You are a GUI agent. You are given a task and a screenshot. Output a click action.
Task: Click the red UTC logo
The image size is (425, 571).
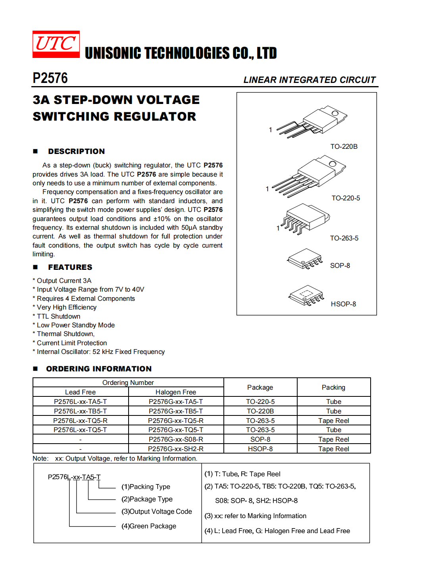[56, 44]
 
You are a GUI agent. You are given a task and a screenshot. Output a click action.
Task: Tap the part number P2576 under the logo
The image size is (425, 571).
[50, 78]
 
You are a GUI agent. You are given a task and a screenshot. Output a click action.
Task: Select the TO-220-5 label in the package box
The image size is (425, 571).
[346, 198]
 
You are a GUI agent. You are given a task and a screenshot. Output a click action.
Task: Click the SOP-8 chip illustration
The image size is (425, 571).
[304, 259]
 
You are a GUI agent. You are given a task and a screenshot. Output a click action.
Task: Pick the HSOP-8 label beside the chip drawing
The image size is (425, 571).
[343, 304]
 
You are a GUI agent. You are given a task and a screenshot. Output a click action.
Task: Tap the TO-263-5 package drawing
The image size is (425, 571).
[305, 219]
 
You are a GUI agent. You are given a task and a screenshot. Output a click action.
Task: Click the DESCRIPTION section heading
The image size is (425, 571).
[76, 151]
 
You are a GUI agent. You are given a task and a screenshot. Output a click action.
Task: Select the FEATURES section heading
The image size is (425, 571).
[70, 267]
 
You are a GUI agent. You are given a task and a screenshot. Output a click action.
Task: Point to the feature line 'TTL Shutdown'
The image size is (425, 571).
[58, 316]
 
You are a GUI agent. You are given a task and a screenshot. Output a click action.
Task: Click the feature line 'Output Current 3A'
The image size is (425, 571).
[64, 281]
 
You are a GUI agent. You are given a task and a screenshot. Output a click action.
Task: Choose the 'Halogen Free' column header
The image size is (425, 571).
[175, 392]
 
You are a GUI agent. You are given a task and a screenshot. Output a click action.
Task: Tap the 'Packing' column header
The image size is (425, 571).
[333, 387]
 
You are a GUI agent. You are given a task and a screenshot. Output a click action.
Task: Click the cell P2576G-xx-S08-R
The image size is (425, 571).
[175, 439]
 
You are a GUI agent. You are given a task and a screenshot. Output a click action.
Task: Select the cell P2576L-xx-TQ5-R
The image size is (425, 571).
[80, 421]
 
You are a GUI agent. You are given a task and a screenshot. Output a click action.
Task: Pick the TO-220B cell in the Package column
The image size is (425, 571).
[260, 411]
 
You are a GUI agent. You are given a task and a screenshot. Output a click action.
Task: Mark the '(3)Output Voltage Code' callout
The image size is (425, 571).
[156, 511]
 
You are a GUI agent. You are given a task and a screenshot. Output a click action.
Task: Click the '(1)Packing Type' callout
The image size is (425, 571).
[146, 486]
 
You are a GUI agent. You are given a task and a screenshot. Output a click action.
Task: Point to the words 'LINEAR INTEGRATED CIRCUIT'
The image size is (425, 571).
[309, 80]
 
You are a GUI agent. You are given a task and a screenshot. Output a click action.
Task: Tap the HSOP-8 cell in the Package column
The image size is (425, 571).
[260, 449]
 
